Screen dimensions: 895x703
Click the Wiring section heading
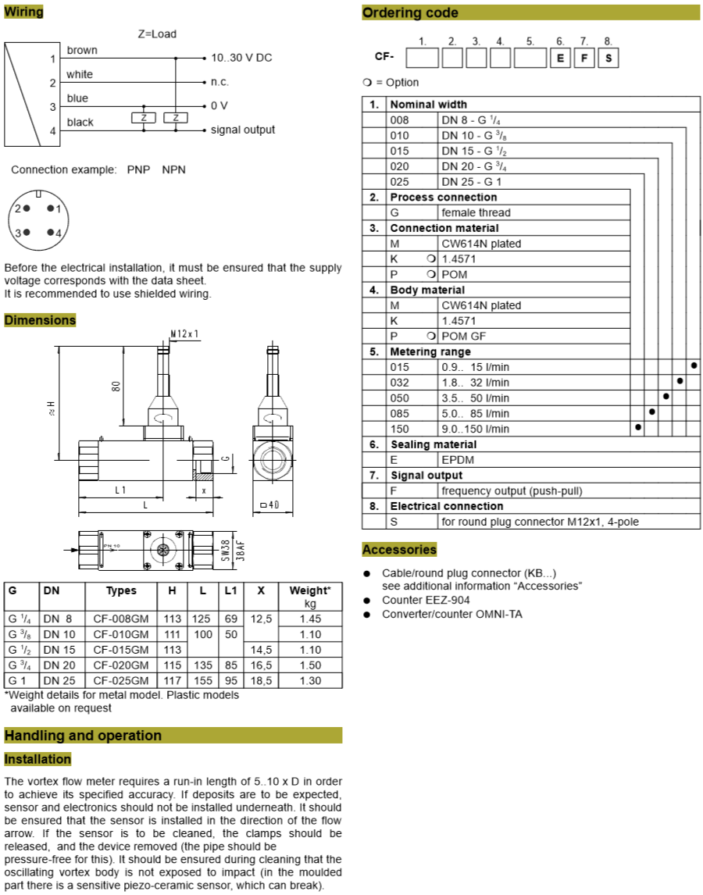pos(24,12)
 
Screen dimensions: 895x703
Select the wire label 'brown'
pos(82,50)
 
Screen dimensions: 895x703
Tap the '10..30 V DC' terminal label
pos(241,58)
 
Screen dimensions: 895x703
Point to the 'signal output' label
pos(242,130)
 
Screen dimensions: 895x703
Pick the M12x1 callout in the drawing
pos(185,333)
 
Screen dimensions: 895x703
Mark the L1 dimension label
pos(120,490)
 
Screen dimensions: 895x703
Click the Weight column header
pos(310,590)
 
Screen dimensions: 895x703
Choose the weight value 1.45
pos(310,619)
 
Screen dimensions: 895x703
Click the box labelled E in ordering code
pos(559,58)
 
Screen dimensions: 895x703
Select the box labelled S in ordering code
pos(608,58)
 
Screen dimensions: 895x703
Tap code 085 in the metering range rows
pos(400,413)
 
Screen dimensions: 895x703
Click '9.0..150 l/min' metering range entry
pos(475,429)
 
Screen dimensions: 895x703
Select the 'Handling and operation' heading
pos(83,735)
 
